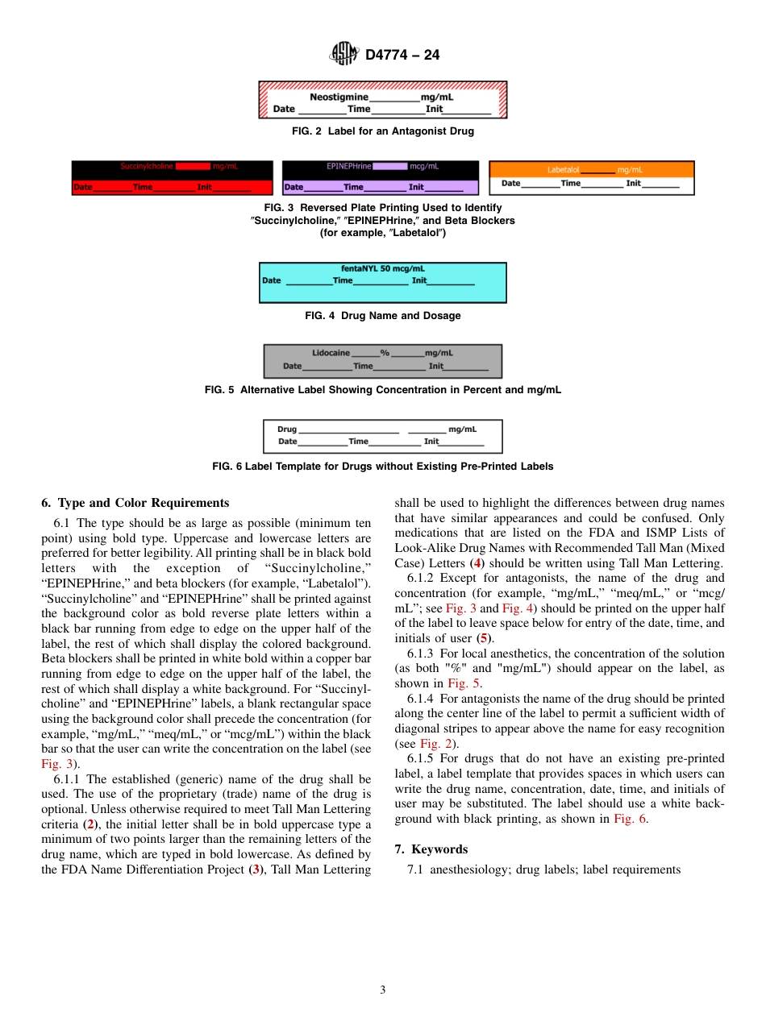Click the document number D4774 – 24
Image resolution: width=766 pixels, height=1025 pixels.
tap(402, 55)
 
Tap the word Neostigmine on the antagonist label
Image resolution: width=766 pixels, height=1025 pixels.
tap(339, 97)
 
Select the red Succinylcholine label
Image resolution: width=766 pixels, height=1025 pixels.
tap(173, 178)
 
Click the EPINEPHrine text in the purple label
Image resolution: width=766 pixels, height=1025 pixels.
tap(348, 166)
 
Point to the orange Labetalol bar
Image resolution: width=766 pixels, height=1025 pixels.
tap(591, 169)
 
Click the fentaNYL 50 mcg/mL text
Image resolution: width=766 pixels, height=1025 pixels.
tap(382, 268)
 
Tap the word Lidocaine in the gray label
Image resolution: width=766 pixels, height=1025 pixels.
tap(331, 353)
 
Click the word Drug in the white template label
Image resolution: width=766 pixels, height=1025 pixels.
tap(287, 430)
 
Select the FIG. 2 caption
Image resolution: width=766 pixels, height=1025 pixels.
tap(382, 131)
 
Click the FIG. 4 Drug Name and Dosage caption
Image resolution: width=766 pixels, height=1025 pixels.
tap(382, 316)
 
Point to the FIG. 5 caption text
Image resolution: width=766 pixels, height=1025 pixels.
tap(382, 390)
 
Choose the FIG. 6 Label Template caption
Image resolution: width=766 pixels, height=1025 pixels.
tap(382, 467)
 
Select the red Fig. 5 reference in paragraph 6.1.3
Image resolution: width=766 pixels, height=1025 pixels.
tap(464, 683)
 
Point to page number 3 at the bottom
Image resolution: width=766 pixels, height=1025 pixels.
tap(383, 990)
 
